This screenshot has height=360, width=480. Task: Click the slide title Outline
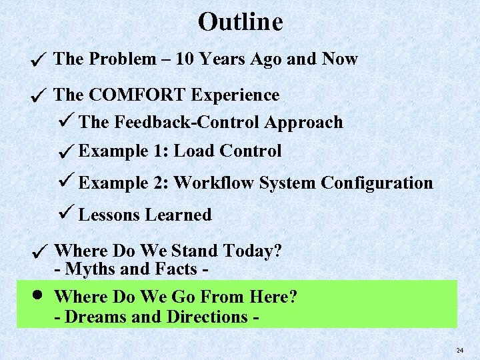tap(240, 22)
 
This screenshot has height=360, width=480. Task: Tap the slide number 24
tap(459, 350)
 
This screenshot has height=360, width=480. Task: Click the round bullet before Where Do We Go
tap(39, 295)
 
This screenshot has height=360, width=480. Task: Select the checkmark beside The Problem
tap(39, 61)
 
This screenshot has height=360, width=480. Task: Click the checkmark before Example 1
tap(65, 153)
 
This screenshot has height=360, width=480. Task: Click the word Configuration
tap(377, 183)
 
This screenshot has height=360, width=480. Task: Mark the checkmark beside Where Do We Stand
tap(39, 253)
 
